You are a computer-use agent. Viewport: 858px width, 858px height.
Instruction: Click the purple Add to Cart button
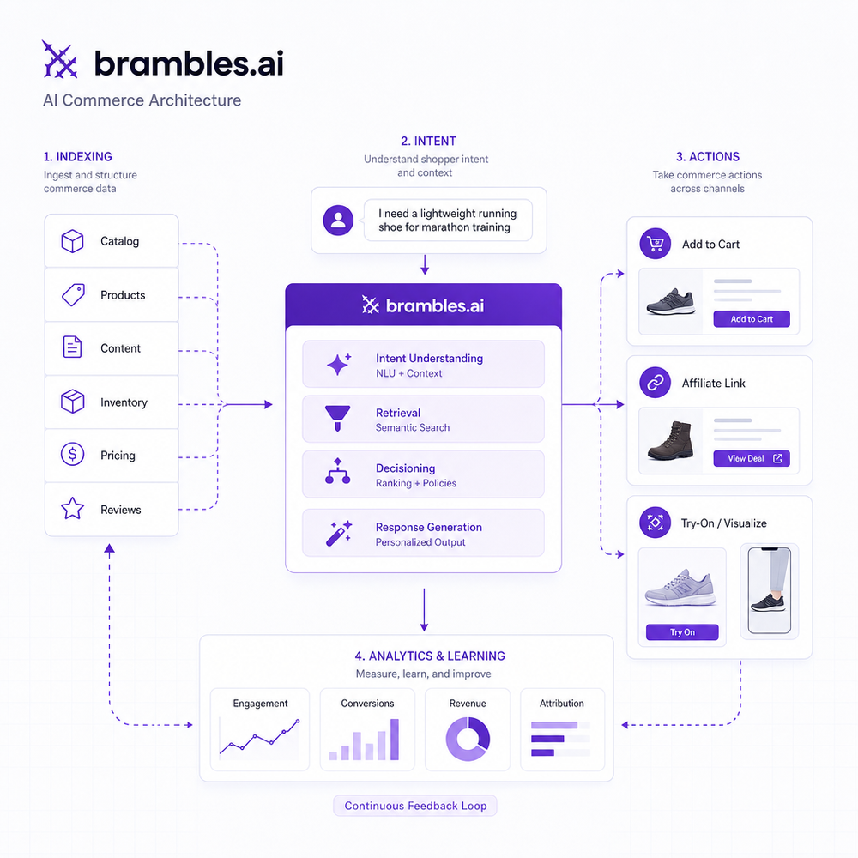[752, 319]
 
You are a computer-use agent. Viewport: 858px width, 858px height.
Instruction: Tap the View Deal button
[752, 458]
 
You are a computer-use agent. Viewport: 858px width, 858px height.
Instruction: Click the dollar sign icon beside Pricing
[72, 454]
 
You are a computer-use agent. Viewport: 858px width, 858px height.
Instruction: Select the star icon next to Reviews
[72, 508]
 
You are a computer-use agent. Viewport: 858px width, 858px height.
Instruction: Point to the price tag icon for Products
[73, 295]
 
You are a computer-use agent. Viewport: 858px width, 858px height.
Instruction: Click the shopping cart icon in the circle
[655, 244]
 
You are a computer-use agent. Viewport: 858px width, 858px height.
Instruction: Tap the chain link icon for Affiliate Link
[655, 383]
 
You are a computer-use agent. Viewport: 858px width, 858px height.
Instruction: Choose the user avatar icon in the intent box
[338, 221]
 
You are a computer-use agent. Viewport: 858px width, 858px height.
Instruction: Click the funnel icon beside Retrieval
[337, 418]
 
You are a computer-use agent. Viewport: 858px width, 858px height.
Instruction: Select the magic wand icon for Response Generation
[339, 534]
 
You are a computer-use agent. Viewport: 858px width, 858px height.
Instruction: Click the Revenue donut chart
[468, 740]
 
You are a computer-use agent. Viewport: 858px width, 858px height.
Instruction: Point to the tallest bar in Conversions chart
[395, 740]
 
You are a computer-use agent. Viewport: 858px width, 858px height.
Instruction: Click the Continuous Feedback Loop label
[415, 806]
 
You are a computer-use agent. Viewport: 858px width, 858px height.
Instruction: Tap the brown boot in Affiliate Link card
[671, 440]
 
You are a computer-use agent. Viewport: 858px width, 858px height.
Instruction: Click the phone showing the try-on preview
[770, 590]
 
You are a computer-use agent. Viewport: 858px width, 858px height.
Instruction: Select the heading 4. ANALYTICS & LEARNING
[430, 656]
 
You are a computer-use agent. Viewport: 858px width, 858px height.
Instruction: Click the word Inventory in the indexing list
[124, 402]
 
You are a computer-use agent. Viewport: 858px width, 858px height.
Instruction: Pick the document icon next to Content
[72, 347]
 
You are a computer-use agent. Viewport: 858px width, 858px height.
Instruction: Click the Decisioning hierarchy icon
[337, 471]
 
